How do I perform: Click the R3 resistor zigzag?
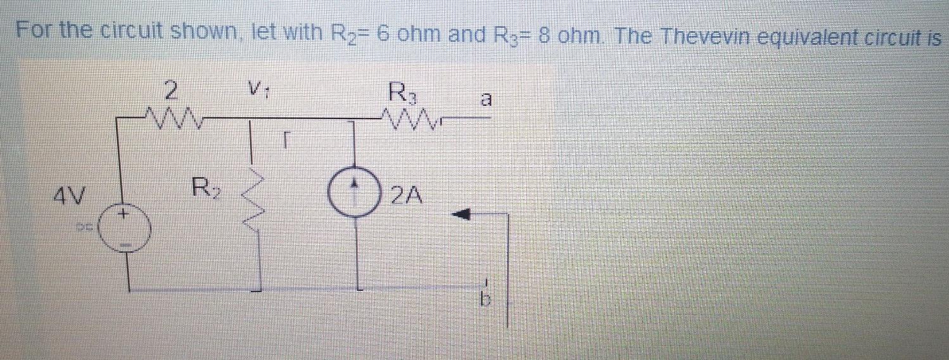pyautogui.click(x=406, y=117)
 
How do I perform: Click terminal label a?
pyautogui.click(x=487, y=99)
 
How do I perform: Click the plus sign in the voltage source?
pyautogui.click(x=125, y=215)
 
